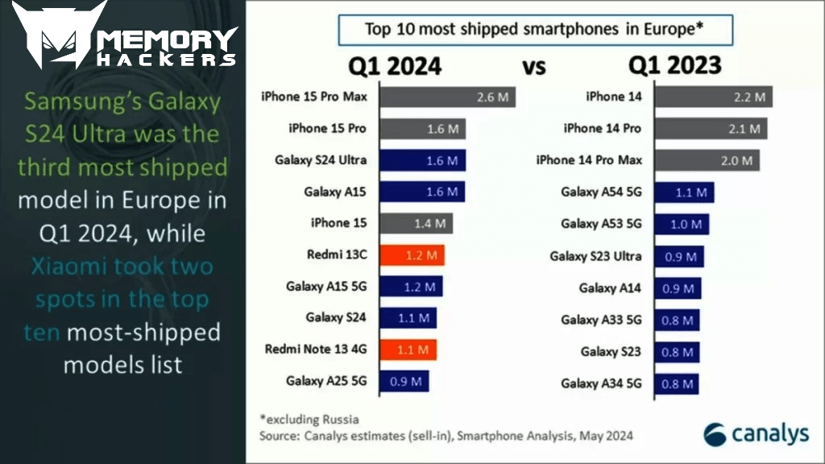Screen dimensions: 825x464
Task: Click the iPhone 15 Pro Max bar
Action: coord(447,97)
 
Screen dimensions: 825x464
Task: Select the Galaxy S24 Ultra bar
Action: coord(422,160)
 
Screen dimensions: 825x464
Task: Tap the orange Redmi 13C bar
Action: coord(412,255)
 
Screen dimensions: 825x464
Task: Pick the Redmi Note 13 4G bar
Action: coord(408,350)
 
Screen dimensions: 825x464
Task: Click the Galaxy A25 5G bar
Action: coord(404,381)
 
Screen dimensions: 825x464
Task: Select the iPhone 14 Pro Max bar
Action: coord(707,160)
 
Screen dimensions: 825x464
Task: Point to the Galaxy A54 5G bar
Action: coord(685,193)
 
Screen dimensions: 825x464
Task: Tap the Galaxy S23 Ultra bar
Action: coord(679,257)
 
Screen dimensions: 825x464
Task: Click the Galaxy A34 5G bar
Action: coord(677,384)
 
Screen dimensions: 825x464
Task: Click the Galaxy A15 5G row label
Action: coord(326,286)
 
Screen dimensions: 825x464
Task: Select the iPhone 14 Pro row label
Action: coord(603,128)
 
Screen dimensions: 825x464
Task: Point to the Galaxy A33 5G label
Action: coord(601,320)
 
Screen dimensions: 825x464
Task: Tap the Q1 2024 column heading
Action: coord(395,66)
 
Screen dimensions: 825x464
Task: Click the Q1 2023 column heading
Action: coord(675,65)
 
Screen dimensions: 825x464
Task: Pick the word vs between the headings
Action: coord(534,68)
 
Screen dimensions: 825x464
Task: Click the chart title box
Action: coord(535,30)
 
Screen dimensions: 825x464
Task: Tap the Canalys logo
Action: coord(756,434)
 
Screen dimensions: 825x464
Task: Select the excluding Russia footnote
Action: coord(309,419)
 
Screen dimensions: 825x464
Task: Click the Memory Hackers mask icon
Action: coord(59,34)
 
